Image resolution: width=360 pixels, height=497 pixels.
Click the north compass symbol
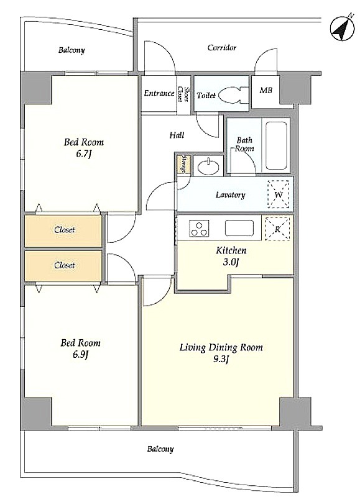point(342,28)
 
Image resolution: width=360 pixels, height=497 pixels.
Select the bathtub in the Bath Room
point(276,145)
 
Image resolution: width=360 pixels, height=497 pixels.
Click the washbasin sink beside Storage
point(208,166)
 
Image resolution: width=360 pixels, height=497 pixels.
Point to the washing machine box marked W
point(278,194)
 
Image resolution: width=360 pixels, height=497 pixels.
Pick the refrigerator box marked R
point(277,229)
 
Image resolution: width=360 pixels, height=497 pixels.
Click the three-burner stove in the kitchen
point(199,229)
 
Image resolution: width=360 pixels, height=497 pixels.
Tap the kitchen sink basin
point(239,228)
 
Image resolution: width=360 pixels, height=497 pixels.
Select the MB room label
point(265,90)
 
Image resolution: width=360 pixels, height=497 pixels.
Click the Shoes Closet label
point(183,94)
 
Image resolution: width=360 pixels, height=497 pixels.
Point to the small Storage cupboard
point(183,164)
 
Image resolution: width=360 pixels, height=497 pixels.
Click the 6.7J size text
point(84,154)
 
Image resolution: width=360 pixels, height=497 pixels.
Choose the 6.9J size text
point(80,355)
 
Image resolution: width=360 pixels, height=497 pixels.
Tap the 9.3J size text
point(221,360)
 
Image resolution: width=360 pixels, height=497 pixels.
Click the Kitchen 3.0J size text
point(231,262)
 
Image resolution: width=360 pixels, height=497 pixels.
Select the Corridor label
point(222,48)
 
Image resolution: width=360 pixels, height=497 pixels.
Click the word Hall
point(177,135)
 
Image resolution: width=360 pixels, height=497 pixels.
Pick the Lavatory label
point(230,194)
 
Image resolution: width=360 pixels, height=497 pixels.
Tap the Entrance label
point(159,93)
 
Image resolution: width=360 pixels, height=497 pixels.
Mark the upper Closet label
point(65,229)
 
